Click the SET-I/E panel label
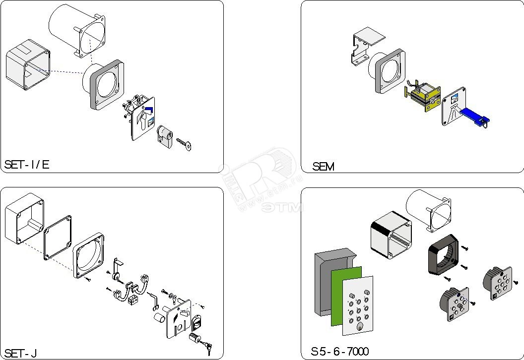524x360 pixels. [x=27, y=165]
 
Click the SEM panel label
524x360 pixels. [x=323, y=167]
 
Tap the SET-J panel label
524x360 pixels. [x=20, y=353]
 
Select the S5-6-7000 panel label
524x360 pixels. [x=340, y=352]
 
